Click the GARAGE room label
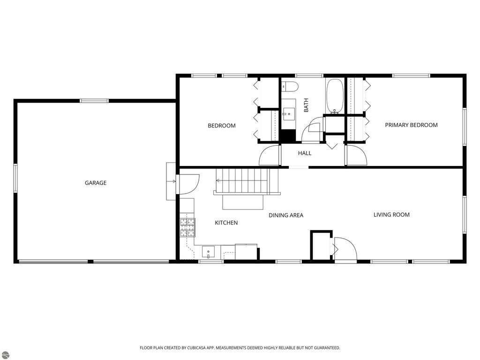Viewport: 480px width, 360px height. pos(95,183)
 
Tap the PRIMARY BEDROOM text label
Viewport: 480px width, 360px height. pos(411,125)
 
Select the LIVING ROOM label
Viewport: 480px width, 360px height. pos(391,215)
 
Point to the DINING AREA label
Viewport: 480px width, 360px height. pos(285,215)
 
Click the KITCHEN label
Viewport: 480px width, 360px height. pos(226,223)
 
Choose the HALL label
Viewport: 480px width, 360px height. pos(305,153)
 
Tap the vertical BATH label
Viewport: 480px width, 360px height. pos(306,105)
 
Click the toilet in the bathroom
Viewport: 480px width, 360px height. pos(290,87)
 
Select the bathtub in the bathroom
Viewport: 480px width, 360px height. pos(335,96)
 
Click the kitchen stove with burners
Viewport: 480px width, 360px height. pos(187,227)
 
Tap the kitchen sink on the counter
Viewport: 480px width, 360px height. pos(208,252)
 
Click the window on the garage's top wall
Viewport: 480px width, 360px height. pos(94,101)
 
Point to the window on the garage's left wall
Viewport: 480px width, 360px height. pos(15,178)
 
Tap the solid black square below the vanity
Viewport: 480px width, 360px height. pos(287,135)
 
